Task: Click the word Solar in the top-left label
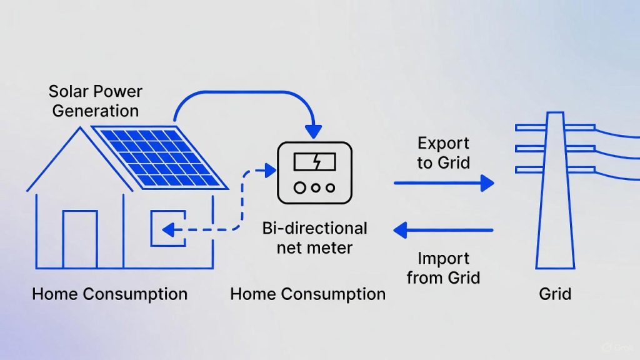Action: click(69, 92)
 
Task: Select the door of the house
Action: click(80, 239)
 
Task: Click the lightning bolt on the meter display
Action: click(316, 163)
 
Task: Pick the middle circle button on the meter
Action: click(315, 187)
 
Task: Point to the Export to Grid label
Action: click(444, 153)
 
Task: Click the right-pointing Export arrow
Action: click(444, 183)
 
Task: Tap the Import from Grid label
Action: click(444, 267)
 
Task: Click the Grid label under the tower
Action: click(555, 293)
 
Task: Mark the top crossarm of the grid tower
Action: click(555, 127)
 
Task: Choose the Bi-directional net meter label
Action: click(315, 237)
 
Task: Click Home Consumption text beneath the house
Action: click(109, 294)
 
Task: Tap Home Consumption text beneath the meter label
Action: click(307, 294)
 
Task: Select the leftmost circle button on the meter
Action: click(299, 187)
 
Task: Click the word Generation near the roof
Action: click(96, 111)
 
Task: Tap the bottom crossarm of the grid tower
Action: click(555, 169)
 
